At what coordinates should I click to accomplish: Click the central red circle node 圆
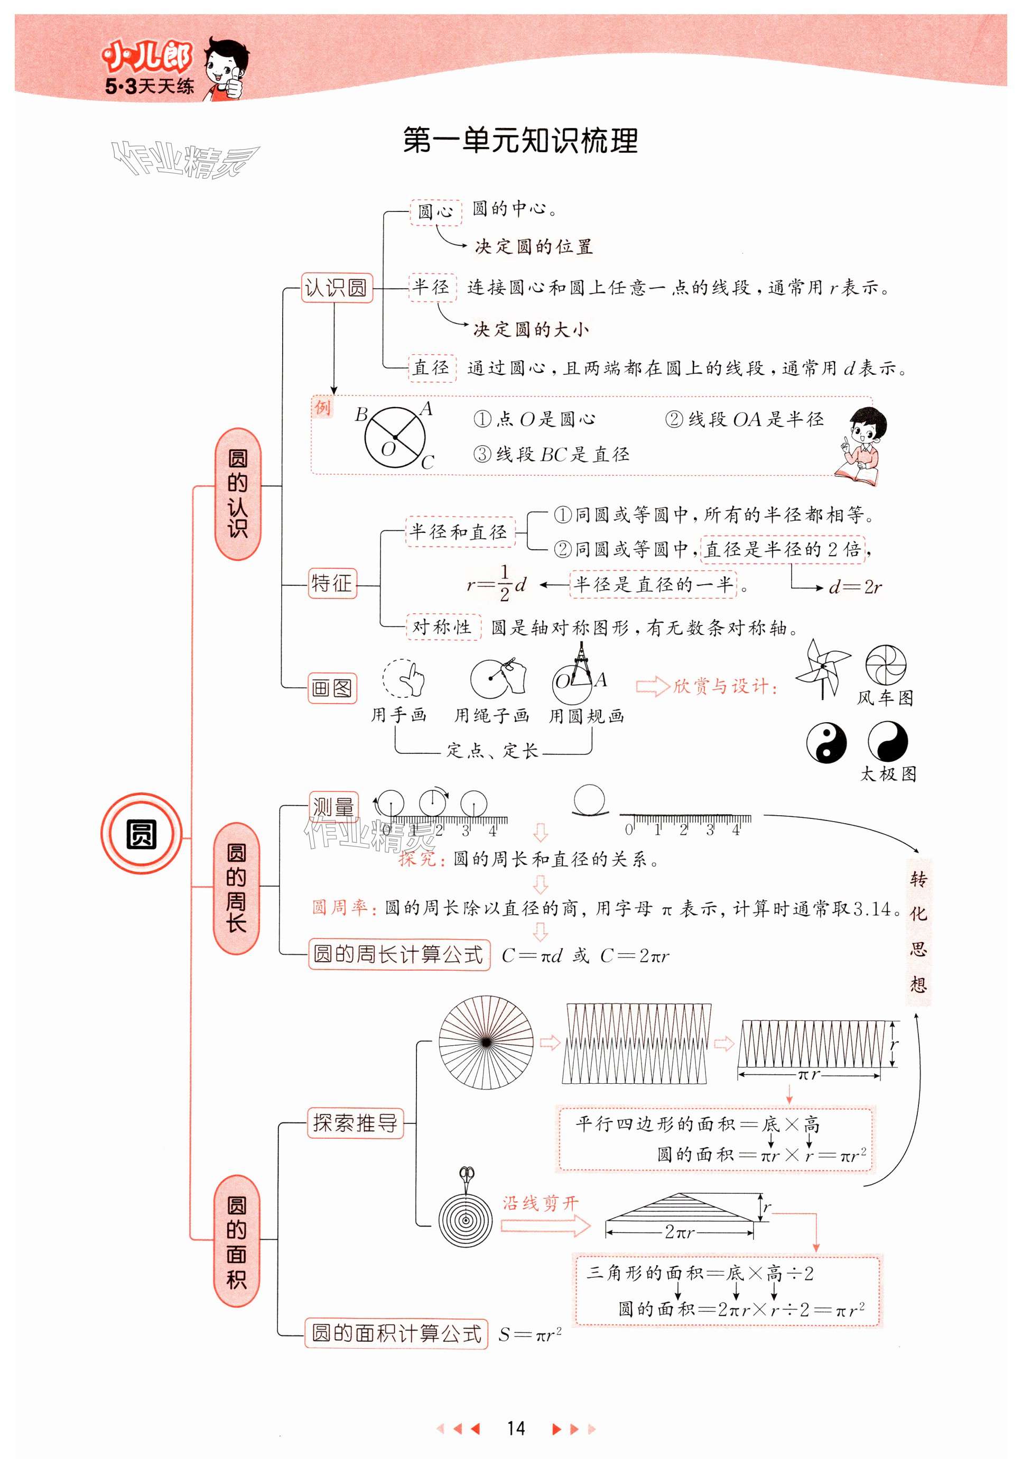pyautogui.click(x=141, y=834)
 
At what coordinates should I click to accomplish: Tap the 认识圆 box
pyautogui.click(x=336, y=288)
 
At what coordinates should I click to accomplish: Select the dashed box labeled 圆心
pyautogui.click(x=435, y=211)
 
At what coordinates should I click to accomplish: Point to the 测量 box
pyautogui.click(x=333, y=807)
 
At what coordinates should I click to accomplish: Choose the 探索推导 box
pyautogui.click(x=356, y=1123)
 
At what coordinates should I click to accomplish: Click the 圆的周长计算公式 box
pyautogui.click(x=398, y=955)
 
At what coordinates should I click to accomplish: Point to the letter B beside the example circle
pyautogui.click(x=361, y=415)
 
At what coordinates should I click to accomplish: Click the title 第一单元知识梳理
pyautogui.click(x=520, y=141)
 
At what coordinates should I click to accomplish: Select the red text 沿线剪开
pyautogui.click(x=540, y=1203)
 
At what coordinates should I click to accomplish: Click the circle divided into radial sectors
pyautogui.click(x=486, y=1042)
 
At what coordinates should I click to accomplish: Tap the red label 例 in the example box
pyautogui.click(x=323, y=407)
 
